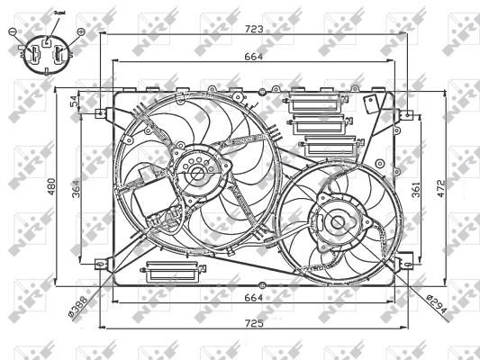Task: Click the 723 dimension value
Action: [254, 30]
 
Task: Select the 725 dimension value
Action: [254, 322]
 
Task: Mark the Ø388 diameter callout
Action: [78, 307]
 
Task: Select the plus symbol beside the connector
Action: [80, 32]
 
